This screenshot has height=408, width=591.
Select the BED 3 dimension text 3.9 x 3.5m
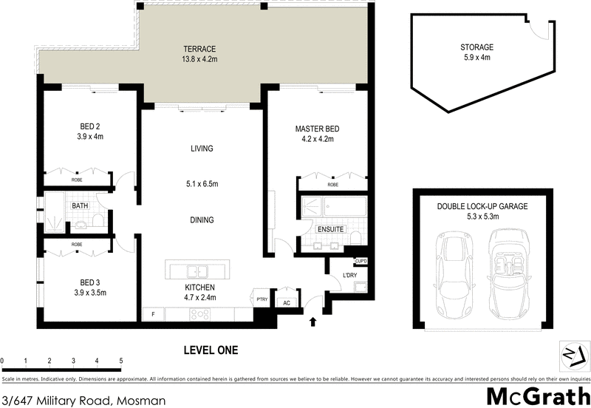tap(92, 293)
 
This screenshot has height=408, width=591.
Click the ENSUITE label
tap(329, 229)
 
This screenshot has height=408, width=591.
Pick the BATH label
tap(80, 206)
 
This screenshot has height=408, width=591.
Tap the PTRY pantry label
tap(262, 299)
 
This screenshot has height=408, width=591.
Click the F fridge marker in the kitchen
tap(153, 314)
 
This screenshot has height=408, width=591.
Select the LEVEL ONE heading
tap(210, 350)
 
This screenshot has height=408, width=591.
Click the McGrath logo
tap(537, 395)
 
